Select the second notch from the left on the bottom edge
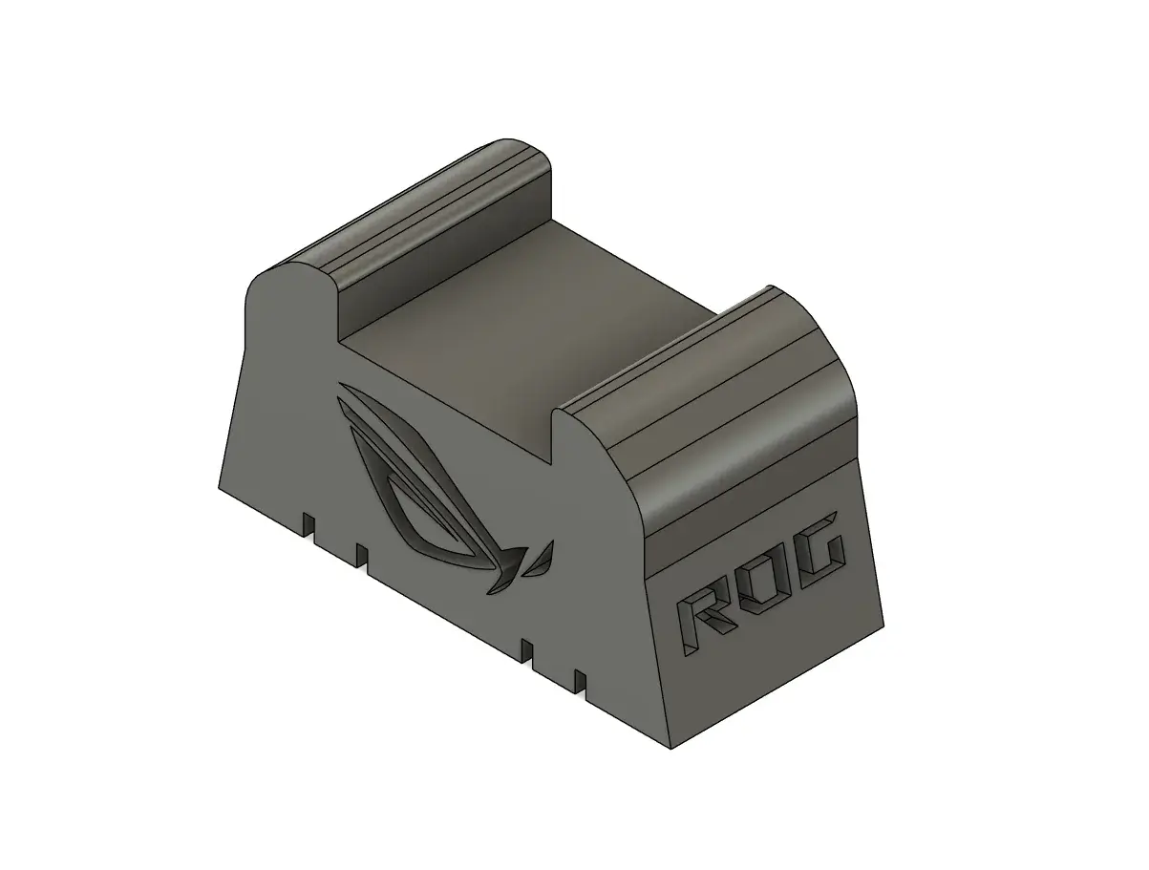(362, 556)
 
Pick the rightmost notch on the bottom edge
(580, 682)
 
